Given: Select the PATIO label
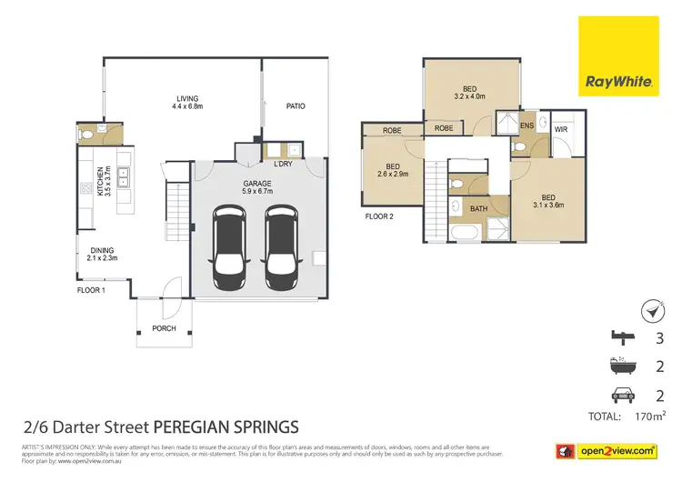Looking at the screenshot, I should (296, 106).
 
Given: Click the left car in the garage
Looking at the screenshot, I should (228, 245).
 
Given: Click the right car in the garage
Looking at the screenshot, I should (283, 245).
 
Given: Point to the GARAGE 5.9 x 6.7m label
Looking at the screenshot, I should (257, 186).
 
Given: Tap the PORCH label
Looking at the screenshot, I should (165, 328).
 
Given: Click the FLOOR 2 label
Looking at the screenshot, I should (379, 216).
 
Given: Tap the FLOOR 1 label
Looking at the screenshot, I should (93, 290).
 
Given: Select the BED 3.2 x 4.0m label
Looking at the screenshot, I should (469, 90).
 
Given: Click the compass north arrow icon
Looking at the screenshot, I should (651, 311).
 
